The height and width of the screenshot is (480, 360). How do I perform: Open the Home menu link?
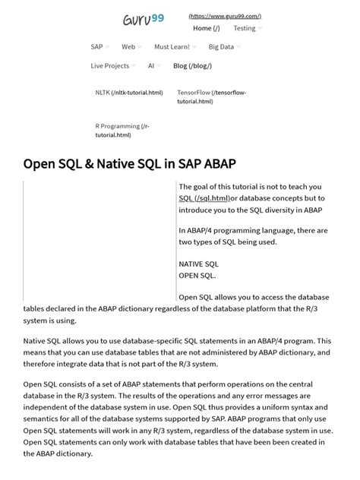tap(206, 28)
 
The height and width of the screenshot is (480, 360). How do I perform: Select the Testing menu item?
tap(244, 28)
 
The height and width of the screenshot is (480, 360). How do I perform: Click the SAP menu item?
tap(96, 46)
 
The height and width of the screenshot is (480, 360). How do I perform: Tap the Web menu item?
tap(128, 46)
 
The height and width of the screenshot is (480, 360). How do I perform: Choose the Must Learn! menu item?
tap(172, 46)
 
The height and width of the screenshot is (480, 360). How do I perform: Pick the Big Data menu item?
tap(221, 46)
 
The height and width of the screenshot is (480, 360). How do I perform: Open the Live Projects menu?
tap(110, 65)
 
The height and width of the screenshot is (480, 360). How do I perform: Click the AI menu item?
tap(151, 65)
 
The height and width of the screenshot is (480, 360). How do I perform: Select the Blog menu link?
tap(191, 65)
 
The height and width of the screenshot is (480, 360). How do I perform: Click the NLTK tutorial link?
tap(128, 93)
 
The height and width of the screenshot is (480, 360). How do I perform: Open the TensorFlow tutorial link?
tap(211, 96)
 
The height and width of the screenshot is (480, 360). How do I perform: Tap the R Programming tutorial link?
tap(117, 131)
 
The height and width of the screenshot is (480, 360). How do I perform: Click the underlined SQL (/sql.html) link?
tap(204, 198)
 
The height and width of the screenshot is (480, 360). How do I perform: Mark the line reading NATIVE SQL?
tap(198, 264)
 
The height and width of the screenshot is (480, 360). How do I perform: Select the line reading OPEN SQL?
tap(197, 275)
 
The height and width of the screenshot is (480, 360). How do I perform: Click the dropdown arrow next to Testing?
tap(260, 28)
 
